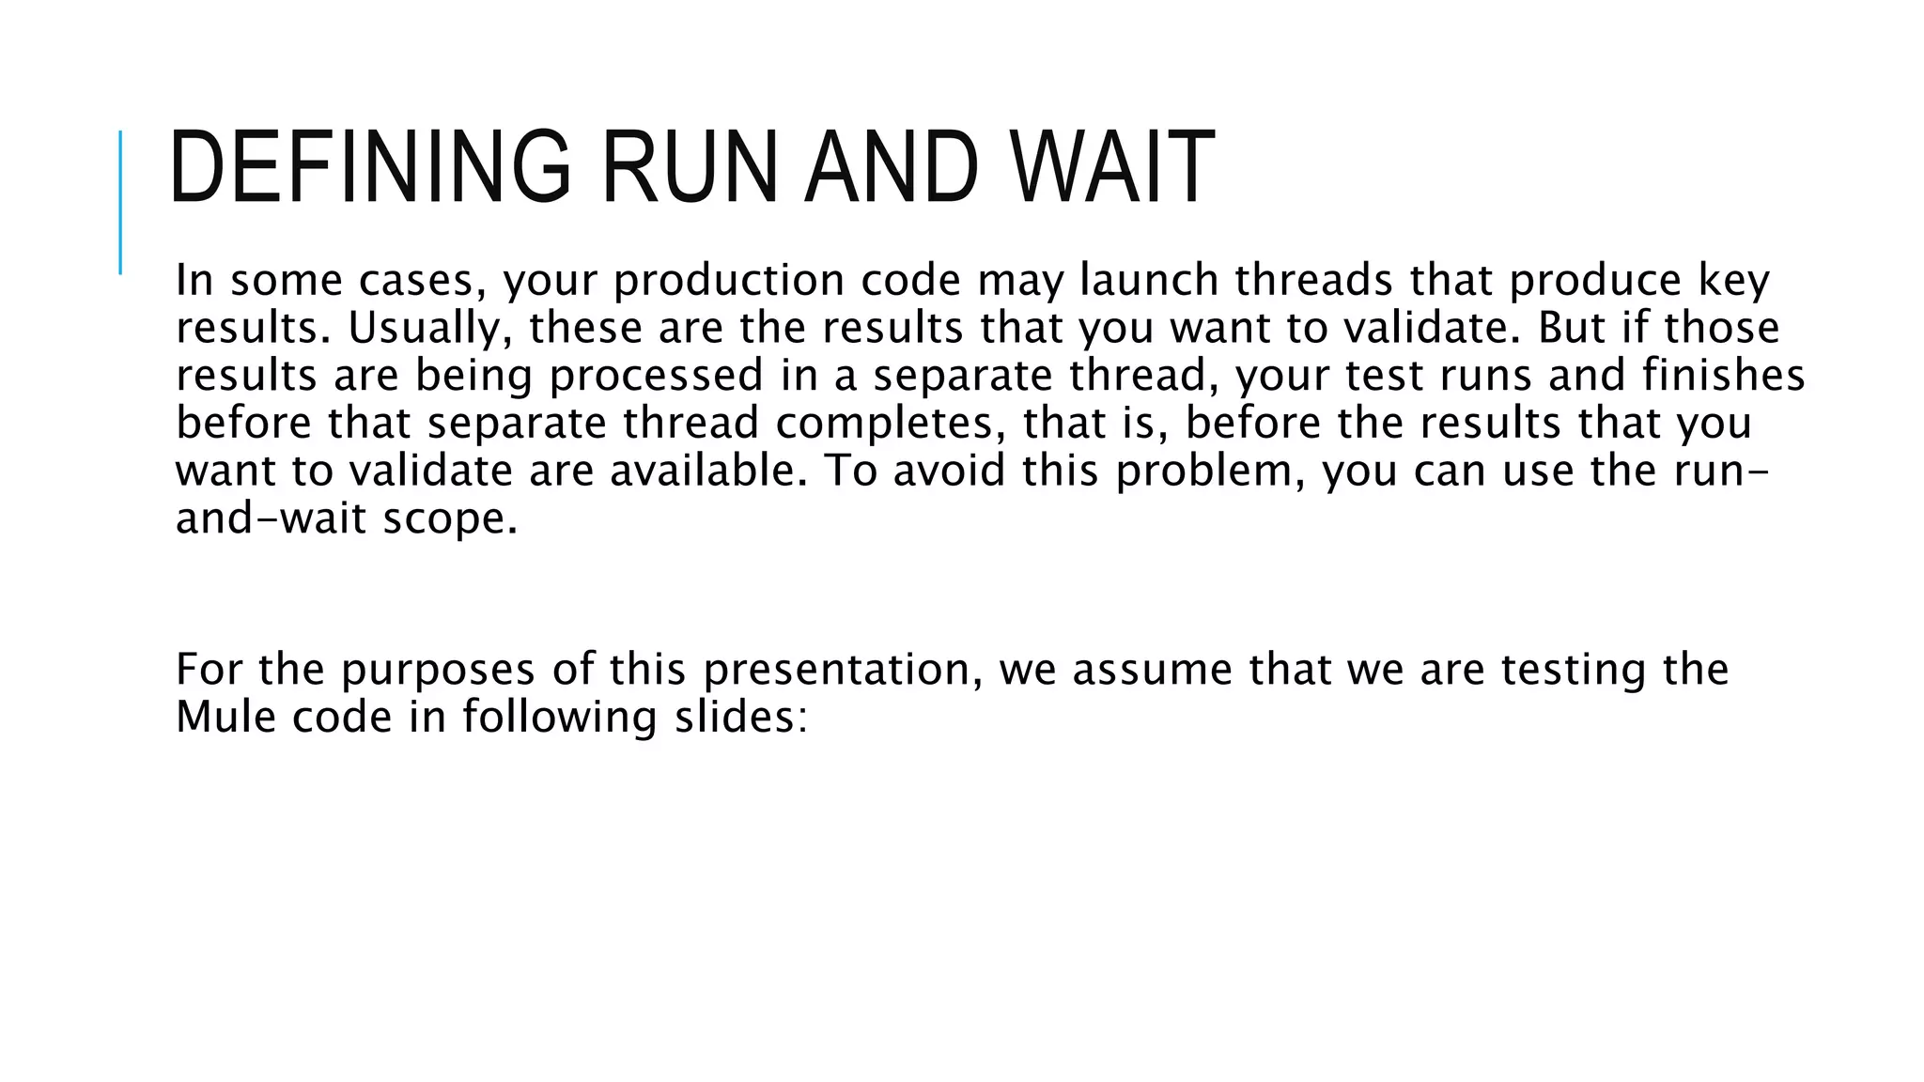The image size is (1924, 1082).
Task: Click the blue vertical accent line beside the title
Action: coord(120,202)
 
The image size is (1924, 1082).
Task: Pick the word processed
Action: coord(656,376)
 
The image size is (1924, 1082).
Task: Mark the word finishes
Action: coord(1723,375)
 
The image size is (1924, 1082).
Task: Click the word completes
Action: coord(884,423)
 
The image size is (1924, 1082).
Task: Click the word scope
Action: coord(450,518)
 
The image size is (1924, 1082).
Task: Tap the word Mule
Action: coord(225,717)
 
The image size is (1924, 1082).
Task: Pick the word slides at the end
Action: coord(740,717)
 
